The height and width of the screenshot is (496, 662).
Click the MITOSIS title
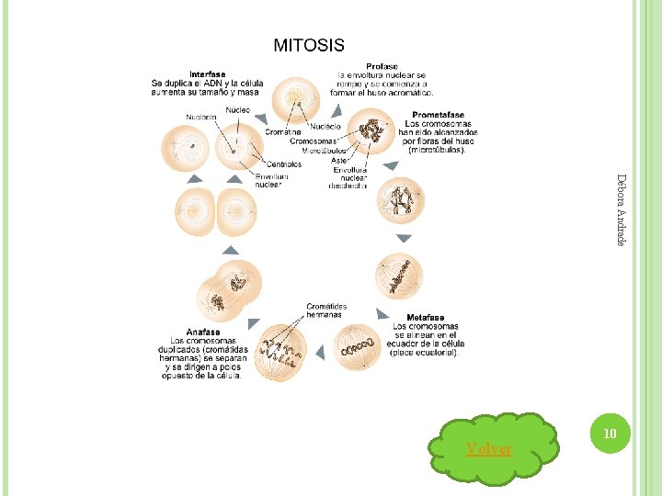click(x=309, y=45)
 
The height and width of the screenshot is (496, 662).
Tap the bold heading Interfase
click(x=208, y=73)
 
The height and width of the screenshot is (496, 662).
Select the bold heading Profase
click(x=382, y=66)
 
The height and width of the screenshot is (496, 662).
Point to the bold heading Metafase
click(x=426, y=318)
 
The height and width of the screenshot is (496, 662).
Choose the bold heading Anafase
click(x=203, y=333)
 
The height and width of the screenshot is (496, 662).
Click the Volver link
click(x=489, y=448)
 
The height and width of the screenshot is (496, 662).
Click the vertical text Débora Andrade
click(x=622, y=209)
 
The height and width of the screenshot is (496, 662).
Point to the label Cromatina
click(x=282, y=132)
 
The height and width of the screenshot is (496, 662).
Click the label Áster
click(x=340, y=161)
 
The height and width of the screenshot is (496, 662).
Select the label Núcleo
click(x=238, y=109)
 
